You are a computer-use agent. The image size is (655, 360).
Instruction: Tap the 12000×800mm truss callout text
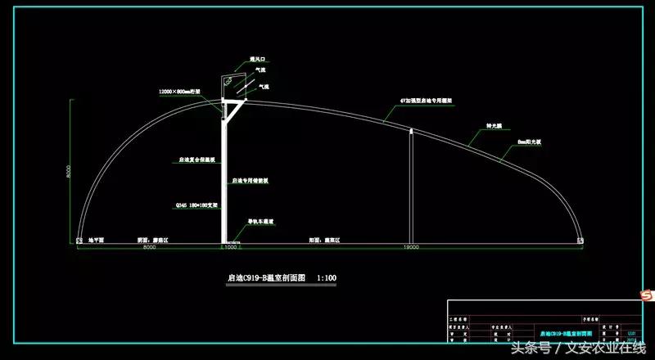click(x=185, y=92)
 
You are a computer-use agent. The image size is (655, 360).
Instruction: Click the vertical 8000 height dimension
click(x=70, y=172)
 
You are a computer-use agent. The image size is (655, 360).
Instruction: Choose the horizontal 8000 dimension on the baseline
click(x=149, y=247)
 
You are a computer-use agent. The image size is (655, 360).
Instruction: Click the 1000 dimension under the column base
click(x=230, y=247)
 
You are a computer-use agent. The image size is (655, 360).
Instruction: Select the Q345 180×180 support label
click(x=194, y=205)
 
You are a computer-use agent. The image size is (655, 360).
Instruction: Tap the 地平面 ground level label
click(x=97, y=241)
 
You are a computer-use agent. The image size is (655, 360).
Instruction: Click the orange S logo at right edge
click(x=645, y=292)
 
